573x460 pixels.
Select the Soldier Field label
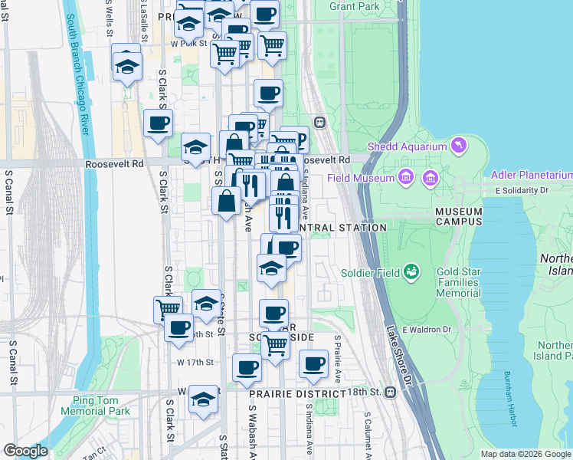pyautogui.click(x=374, y=273)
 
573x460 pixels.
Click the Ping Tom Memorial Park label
pyautogui.click(x=100, y=406)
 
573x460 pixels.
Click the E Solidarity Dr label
pyautogui.click(x=522, y=189)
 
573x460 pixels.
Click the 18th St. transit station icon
pyautogui.click(x=391, y=393)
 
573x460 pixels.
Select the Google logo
pyautogui.click(x=25, y=450)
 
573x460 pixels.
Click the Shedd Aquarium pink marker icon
pyautogui.click(x=458, y=145)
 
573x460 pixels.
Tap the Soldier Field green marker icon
pyautogui.click(x=412, y=271)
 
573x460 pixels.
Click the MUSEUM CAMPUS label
pyautogui.click(x=459, y=216)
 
